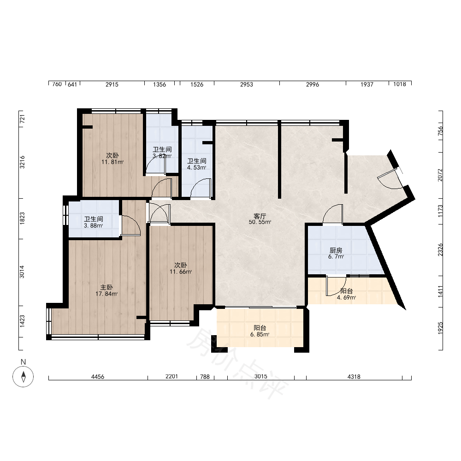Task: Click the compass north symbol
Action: click(x=23, y=376)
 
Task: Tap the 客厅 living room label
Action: click(x=260, y=216)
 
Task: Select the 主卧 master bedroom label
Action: click(x=106, y=287)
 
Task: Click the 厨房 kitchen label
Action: click(x=336, y=250)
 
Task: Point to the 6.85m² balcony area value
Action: click(x=260, y=334)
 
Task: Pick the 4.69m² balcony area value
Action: click(x=346, y=297)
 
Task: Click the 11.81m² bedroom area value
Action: click(x=112, y=162)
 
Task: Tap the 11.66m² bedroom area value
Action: click(x=181, y=272)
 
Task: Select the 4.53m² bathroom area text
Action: click(x=197, y=168)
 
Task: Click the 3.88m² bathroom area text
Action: click(x=94, y=225)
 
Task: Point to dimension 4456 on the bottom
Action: click(x=98, y=377)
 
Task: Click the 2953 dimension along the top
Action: click(x=246, y=84)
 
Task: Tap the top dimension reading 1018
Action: click(x=400, y=84)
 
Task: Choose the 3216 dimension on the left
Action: click(x=22, y=162)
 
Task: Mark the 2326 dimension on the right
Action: click(x=440, y=249)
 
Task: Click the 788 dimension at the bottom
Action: click(x=205, y=377)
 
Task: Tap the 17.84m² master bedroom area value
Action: click(x=106, y=294)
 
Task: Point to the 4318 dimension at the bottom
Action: click(x=354, y=377)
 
